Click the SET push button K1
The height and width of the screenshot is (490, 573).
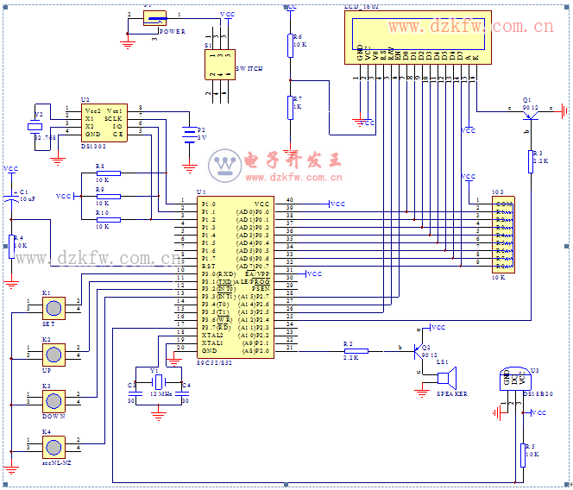(x=54, y=308)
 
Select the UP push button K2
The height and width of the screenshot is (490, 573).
(x=54, y=355)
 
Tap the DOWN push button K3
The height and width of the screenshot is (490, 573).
(x=54, y=400)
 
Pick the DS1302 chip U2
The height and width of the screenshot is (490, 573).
(x=104, y=122)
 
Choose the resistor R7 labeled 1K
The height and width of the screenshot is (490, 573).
(x=290, y=106)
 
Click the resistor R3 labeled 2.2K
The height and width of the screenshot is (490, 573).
(x=532, y=160)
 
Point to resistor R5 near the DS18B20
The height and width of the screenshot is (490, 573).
(x=523, y=449)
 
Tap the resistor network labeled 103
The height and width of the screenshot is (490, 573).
(x=504, y=234)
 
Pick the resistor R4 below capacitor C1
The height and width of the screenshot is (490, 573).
(x=12, y=244)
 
